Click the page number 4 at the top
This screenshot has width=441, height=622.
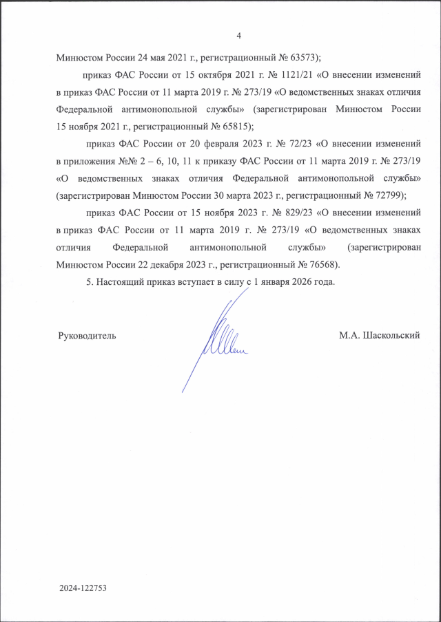(x=238, y=36)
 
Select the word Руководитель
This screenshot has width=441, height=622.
(x=88, y=336)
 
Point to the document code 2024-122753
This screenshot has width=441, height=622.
(x=85, y=590)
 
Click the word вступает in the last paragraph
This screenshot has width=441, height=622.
(x=196, y=281)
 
